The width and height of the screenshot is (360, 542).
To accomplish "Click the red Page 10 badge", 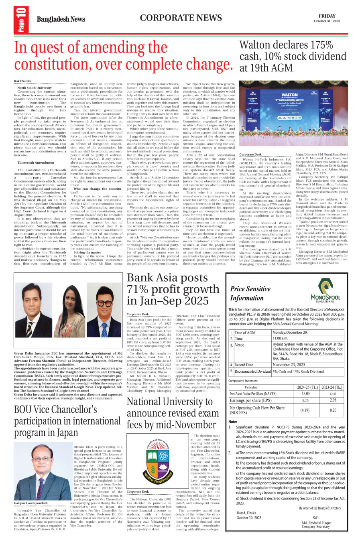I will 20,19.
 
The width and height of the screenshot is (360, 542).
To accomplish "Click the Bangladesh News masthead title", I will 61,19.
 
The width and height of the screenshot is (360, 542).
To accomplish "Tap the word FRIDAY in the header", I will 327,16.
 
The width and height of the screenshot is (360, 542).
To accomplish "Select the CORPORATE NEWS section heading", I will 181,18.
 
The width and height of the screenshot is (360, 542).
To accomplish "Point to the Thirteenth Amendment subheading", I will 36,162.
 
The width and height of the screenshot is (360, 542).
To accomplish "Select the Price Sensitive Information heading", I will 250,293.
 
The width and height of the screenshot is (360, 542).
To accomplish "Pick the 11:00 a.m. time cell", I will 282,339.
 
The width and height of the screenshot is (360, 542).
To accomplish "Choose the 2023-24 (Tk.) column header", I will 332,388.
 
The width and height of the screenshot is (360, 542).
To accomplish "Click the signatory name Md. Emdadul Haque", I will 316,523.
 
